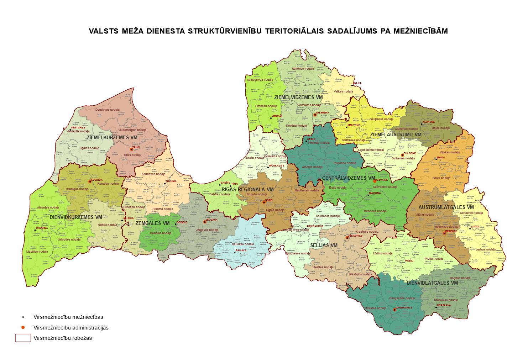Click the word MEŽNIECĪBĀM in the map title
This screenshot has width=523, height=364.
coord(420,31)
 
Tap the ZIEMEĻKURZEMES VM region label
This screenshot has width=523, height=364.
coord(112,137)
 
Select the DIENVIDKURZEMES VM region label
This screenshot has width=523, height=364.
coord(76,217)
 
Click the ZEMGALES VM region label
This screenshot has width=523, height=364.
coord(152,223)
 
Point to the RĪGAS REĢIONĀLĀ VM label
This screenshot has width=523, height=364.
coord(247,189)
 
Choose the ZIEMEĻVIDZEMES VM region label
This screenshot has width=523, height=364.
coord(298,97)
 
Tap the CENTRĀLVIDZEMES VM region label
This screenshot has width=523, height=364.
coord(349,178)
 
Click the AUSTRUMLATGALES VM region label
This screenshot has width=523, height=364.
coord(446,207)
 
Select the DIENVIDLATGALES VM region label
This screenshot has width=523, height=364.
coord(432,283)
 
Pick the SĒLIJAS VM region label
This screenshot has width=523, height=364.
coord(324,245)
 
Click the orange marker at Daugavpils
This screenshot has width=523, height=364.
coord(394,310)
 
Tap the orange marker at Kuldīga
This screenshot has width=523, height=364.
coord(90,181)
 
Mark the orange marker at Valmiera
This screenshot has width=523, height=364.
coord(315,115)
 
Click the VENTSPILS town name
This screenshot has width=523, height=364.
coord(78,127)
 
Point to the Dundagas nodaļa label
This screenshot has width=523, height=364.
coord(107,110)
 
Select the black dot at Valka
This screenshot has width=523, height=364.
coord(352,85)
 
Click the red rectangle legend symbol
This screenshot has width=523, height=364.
coord(23,338)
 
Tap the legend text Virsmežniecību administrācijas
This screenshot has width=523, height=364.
coord(71,328)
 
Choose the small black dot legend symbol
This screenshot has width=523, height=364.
coord(23,317)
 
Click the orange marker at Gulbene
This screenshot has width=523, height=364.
coord(402,155)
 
